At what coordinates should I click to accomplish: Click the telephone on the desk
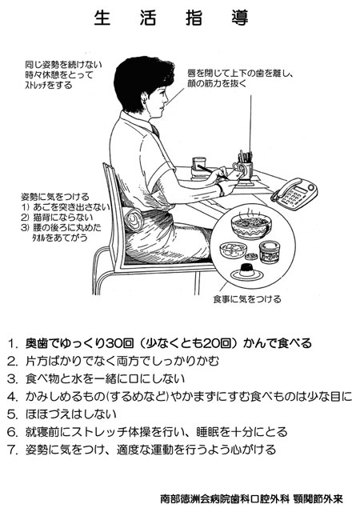pyautogui.click(x=294, y=194)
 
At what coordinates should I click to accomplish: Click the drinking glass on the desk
pyautogui.click(x=198, y=168)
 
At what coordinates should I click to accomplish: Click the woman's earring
pyautogui.click(x=144, y=99)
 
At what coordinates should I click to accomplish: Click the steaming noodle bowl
pyautogui.click(x=251, y=226)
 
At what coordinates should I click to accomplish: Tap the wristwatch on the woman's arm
pyautogui.click(x=221, y=190)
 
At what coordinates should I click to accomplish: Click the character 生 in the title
pyautogui.click(x=102, y=18)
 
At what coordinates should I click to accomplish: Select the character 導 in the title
pyautogui.click(x=240, y=18)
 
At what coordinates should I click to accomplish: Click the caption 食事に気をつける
pyautogui.click(x=247, y=298)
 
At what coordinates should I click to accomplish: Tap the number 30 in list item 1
pyautogui.click(x=114, y=343)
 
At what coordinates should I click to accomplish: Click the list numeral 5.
pyautogui.click(x=11, y=414)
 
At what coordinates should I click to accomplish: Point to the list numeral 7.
pyautogui.click(x=11, y=450)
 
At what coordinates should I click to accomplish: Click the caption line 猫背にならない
pyautogui.click(x=58, y=217)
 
